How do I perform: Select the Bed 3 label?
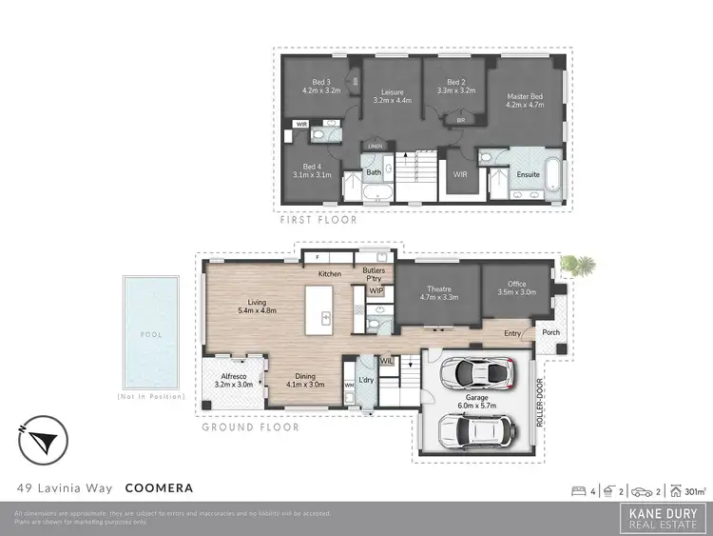(321, 87)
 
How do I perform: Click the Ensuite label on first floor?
(528, 174)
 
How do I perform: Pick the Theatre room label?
(438, 292)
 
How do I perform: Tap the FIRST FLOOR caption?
(318, 219)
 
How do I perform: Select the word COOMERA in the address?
(160, 488)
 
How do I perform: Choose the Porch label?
(549, 332)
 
